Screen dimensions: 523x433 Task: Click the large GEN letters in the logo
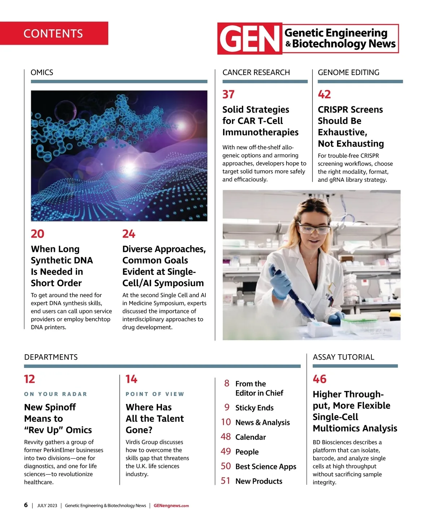[250, 39]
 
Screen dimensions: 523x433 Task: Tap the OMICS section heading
[42, 72]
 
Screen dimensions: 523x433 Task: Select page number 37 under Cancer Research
[228, 95]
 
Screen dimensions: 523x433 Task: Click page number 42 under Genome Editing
[324, 95]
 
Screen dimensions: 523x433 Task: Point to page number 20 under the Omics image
[38, 234]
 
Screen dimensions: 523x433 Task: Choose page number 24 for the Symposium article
[129, 234]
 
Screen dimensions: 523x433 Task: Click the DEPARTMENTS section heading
[51, 357]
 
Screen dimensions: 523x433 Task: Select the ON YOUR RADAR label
[56, 394]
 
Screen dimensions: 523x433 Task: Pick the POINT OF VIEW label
[155, 394]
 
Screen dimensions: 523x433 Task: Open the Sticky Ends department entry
[254, 408]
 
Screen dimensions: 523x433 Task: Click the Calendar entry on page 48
[250, 437]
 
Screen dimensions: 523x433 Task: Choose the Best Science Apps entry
[266, 466]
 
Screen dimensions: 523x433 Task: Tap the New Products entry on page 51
[259, 481]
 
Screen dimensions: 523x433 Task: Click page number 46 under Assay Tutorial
[320, 379]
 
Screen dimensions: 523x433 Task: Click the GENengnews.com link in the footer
[171, 506]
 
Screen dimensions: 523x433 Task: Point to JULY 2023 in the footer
[47, 506]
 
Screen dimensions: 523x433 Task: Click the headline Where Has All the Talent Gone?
[154, 418]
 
